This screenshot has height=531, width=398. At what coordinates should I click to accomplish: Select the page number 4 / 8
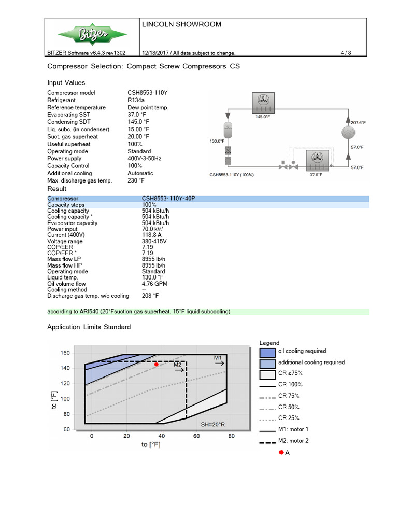pos(345,53)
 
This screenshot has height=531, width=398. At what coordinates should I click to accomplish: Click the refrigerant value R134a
pos(136,100)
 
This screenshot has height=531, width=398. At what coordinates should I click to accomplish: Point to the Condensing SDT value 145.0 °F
pos(138,122)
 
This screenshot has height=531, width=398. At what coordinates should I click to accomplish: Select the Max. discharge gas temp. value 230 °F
pos(136,180)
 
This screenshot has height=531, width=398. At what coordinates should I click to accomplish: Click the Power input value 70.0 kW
pos(153,229)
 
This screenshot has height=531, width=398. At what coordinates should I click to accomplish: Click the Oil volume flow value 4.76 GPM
pos(154,283)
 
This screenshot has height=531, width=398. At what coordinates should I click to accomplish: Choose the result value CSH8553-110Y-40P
pos(168,199)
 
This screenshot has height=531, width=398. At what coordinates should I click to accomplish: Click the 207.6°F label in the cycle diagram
pos(358,123)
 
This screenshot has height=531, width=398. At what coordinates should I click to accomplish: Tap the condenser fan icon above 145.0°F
pos(262,102)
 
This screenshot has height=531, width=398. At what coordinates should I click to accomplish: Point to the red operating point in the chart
pos(156,365)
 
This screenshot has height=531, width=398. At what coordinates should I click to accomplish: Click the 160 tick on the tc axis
pos(65,353)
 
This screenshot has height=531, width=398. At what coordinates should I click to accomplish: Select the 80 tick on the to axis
pos(231,436)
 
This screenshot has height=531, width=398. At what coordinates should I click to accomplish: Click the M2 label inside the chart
pos(177,365)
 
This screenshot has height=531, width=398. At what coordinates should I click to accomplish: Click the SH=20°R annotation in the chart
pos(213,424)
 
